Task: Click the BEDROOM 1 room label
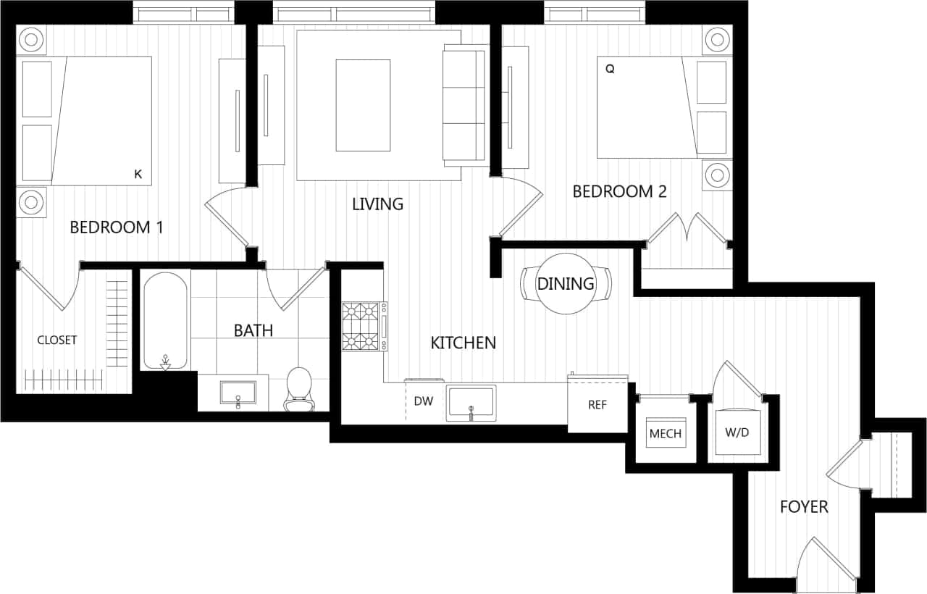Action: pos(116,227)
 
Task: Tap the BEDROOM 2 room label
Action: pos(619,192)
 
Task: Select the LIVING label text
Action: pos(377,204)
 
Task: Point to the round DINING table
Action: pos(566,283)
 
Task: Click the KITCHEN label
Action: pos(463,343)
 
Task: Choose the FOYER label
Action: pos(803,507)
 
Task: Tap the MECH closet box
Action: pos(665,433)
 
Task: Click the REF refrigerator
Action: pos(597,405)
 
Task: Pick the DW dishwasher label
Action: pos(423,401)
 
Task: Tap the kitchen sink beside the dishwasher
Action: pos(471,403)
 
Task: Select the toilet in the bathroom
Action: pos(298,388)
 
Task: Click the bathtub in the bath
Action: pos(166,321)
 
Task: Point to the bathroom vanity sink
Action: pos(238,393)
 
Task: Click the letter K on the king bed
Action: pos(138,174)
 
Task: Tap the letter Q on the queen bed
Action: pos(610,70)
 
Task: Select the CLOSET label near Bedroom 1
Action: pos(57,340)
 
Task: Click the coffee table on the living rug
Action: pos(363,105)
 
